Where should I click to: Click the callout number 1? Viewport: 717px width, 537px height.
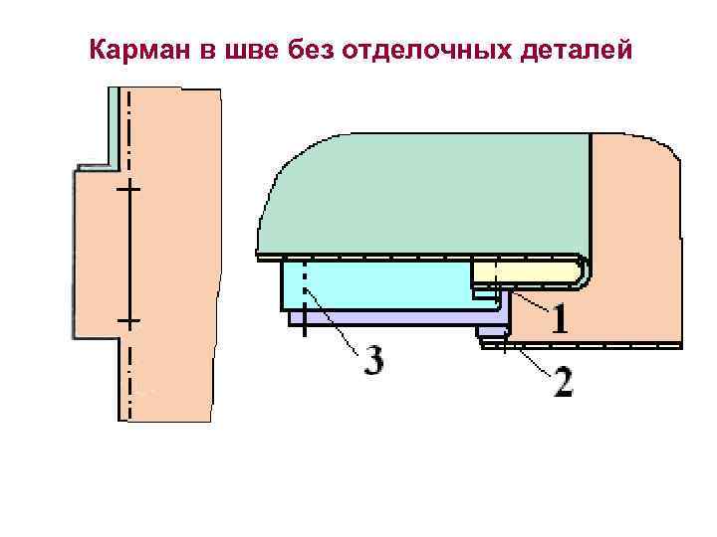(560, 320)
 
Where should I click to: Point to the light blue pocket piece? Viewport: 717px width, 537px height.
(378, 286)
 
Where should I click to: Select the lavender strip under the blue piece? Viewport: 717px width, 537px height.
(398, 317)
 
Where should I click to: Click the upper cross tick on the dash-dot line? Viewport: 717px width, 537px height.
(128, 187)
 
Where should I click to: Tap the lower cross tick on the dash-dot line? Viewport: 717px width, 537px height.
(128, 321)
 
